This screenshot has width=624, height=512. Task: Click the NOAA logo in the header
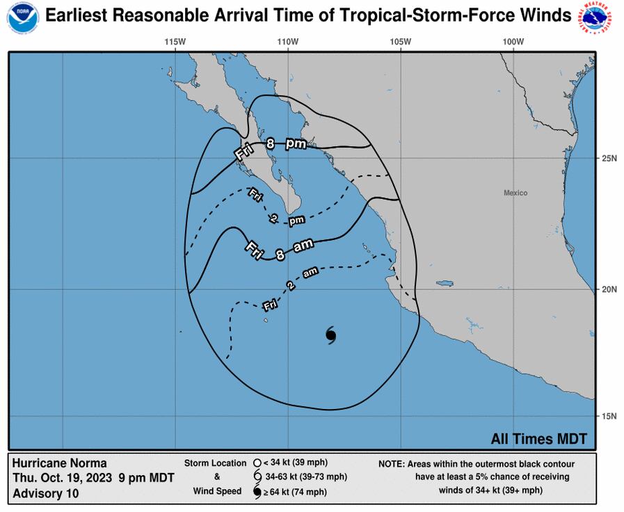23,17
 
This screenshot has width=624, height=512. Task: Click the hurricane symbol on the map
331,335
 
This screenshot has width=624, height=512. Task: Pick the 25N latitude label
609,159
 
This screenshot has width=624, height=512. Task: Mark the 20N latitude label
609,289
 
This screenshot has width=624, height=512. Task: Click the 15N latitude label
609,416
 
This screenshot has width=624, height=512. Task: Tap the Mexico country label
515,193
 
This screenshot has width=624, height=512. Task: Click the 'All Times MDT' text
539,439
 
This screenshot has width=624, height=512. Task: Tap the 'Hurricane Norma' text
60,463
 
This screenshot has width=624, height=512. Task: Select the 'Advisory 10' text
46,493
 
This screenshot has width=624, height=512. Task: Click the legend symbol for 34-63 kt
257,477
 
